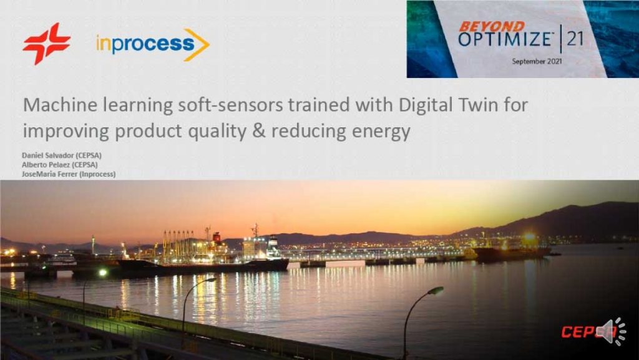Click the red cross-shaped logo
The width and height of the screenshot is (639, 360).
pos(47,44)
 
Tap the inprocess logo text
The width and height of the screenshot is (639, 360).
pos(145,44)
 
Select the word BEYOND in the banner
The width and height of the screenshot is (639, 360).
pos(491,26)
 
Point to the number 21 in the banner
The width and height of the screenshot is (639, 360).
pos(575,39)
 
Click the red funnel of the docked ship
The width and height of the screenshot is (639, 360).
pos(217,237)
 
